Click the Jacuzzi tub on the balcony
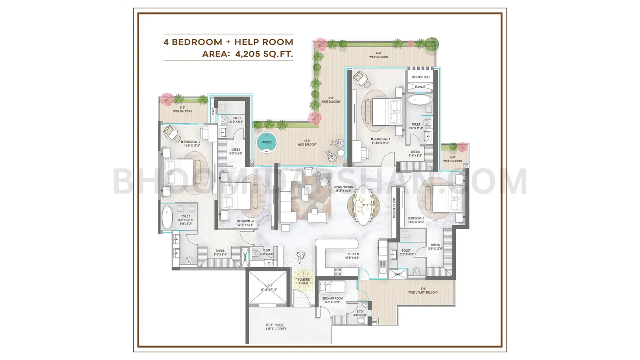(x=266, y=143)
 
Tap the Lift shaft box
(x=268, y=288)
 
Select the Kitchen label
(x=352, y=254)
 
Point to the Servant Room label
(x=332, y=298)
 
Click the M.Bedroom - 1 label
(x=380, y=140)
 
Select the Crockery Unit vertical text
(x=394, y=208)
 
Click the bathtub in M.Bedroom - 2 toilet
(x=167, y=217)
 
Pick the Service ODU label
(x=421, y=77)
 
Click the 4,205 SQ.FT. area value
(x=264, y=54)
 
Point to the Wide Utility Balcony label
(x=423, y=292)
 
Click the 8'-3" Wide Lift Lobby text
(x=276, y=327)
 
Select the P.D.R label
(x=267, y=250)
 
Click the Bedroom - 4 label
(x=245, y=221)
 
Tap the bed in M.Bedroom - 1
(x=386, y=112)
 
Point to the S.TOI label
(x=360, y=311)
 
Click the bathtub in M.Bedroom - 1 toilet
(x=420, y=100)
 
